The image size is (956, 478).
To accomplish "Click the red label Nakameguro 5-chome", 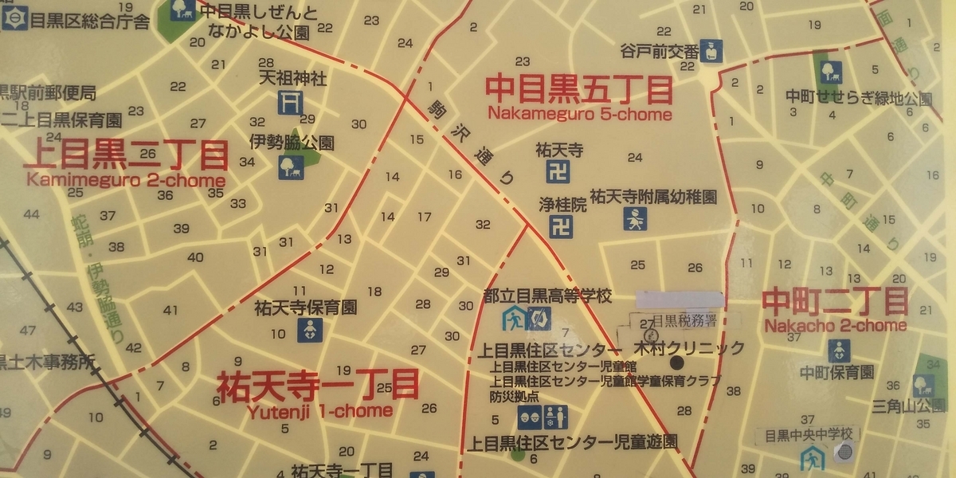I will tap(579, 114).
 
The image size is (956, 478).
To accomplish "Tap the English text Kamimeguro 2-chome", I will tap(126, 180).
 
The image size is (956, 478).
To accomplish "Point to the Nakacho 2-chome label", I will tap(835, 325).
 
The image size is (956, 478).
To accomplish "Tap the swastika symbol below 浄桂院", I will tap(561, 227).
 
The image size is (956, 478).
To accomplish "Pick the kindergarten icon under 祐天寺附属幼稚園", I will tap(635, 218).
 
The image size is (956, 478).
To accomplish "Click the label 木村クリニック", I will tap(689, 348).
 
